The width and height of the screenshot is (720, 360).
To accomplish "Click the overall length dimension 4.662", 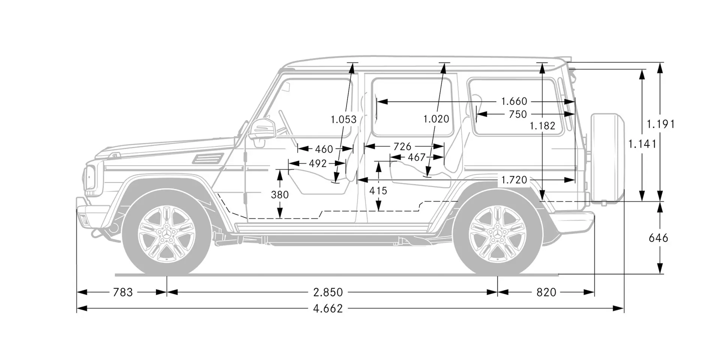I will coord(328,309).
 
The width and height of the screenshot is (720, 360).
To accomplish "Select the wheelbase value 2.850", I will coord(328,292).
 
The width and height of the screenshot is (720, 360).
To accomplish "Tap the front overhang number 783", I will coord(123,292).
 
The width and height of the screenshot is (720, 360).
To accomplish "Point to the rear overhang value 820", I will coord(546,292).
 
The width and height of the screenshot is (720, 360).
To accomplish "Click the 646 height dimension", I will coord(658,238).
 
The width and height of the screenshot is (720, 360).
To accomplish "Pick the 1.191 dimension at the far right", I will coord(661,124).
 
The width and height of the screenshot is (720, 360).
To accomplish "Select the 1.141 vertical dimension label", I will coord(642,144).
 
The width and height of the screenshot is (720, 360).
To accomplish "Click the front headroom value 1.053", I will coord(343,120).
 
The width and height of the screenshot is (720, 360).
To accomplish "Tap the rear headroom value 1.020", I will coord(436,119).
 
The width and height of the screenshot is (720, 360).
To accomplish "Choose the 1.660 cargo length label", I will coord(514,101).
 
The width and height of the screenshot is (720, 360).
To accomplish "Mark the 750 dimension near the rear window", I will coord(518,114).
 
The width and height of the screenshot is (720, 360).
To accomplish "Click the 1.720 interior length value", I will coord(514,180).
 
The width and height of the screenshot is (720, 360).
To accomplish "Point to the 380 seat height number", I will coord(280,195).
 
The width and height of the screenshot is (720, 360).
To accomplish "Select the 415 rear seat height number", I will coord(378,191).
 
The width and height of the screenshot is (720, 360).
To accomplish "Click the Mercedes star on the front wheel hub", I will coord(166,234).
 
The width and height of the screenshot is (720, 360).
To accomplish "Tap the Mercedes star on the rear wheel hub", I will coord(498,234).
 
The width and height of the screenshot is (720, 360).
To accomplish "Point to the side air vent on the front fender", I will coord(208,158).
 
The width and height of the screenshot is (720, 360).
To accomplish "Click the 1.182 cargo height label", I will coord(542,126).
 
